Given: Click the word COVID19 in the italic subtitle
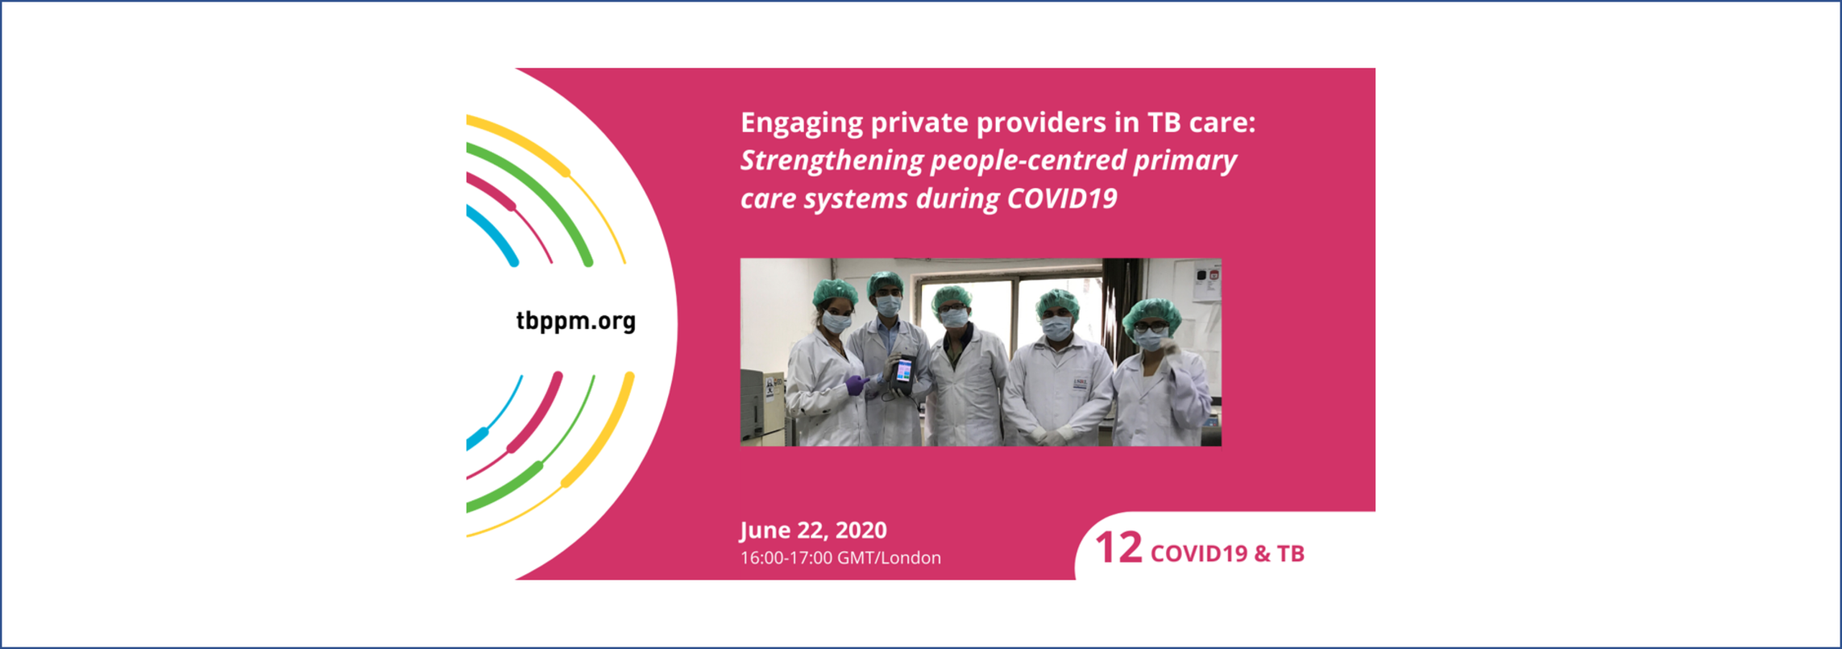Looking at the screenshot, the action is (1062, 199).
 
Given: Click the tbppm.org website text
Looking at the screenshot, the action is (576, 322).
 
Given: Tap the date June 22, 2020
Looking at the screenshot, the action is (814, 530).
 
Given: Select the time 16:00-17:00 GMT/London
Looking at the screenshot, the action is (840, 558).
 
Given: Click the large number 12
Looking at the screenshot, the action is (1119, 548).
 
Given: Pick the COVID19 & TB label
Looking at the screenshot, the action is (1227, 554).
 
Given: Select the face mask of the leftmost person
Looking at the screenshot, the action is (836, 323).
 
